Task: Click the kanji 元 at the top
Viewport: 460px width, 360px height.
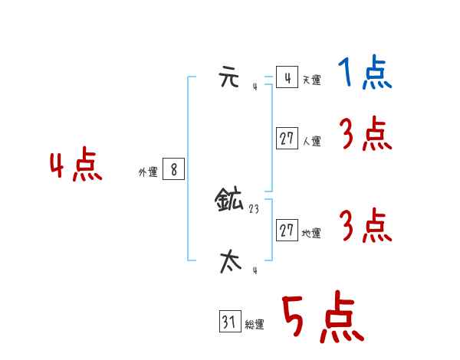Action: coord(229,78)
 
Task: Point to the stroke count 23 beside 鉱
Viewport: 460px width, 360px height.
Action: coord(254,208)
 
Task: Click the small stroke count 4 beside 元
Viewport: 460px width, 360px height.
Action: coord(255,87)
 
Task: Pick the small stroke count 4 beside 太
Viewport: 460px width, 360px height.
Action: coord(255,270)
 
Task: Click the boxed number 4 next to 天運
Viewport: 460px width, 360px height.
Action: coord(287,77)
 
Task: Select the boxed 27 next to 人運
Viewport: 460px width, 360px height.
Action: coord(287,139)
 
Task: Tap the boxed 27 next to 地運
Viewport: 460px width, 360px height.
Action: coord(287,230)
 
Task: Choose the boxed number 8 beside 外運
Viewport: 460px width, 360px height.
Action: coord(173,170)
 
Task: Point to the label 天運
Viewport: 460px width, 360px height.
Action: coord(311,80)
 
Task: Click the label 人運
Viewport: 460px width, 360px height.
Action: coord(311,141)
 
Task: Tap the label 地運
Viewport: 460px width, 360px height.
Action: coord(311,233)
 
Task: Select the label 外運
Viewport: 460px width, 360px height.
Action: coord(147,173)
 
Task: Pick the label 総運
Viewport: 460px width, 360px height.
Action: coord(255,325)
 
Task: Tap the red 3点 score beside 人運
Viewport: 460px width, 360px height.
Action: coord(365,135)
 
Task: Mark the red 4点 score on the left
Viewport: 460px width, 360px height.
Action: coord(75,166)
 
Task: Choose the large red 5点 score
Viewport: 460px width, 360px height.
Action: coord(322,317)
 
